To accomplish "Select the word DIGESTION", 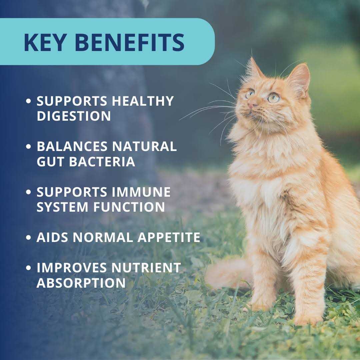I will [74, 116].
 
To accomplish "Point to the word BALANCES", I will [72, 146].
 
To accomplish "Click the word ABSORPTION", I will [81, 283].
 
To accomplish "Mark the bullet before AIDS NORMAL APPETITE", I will [29, 238].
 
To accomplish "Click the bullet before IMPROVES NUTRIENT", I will [29, 268].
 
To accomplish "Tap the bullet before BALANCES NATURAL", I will [29, 147].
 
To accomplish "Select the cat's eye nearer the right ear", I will [273, 98].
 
